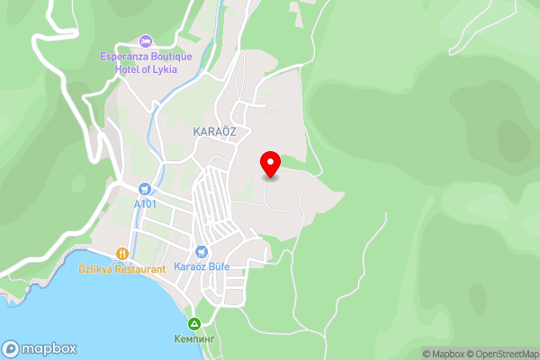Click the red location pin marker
270,164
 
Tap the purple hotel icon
146,41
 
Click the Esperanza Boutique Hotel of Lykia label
146,62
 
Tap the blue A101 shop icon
145,189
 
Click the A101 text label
145,204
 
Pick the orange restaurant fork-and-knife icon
122,254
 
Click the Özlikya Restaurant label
122,269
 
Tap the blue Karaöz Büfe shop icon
202,253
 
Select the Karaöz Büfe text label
202,268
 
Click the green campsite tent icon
193,323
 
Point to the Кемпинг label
193,338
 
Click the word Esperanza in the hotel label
123,57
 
